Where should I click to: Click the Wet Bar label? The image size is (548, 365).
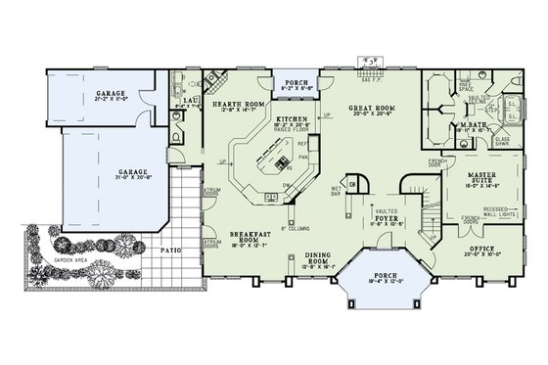(x=335, y=192)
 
